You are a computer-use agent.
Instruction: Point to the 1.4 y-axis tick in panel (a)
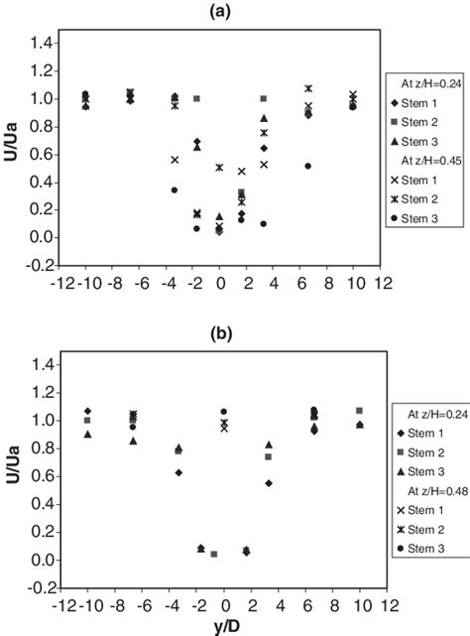click(x=43, y=43)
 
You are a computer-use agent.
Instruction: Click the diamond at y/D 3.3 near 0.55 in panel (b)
click(x=269, y=483)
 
